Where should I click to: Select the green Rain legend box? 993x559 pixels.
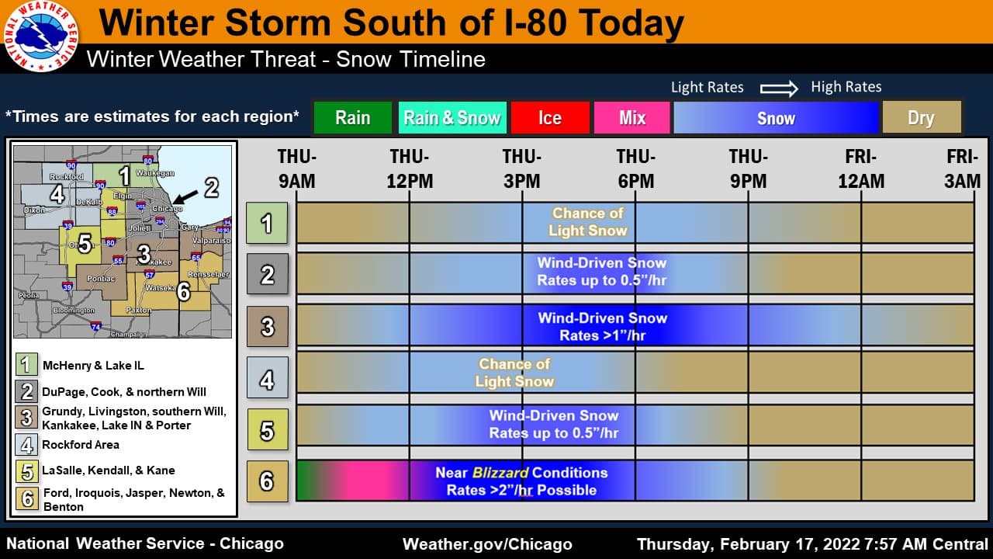pyautogui.click(x=352, y=118)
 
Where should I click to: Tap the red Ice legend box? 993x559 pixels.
pyautogui.click(x=549, y=118)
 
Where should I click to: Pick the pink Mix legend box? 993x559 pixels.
pyautogui.click(x=632, y=118)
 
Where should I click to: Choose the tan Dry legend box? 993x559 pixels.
pyautogui.click(x=921, y=118)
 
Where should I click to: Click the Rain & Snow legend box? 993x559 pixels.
pyautogui.click(x=452, y=118)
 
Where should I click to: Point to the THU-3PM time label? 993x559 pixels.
pyautogui.click(x=522, y=169)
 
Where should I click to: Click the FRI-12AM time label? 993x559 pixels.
pyautogui.click(x=861, y=169)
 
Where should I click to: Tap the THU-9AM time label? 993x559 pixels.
pyautogui.click(x=297, y=169)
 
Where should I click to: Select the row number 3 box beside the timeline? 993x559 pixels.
pyautogui.click(x=268, y=326)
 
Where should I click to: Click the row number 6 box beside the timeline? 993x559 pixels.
pyautogui.click(x=268, y=481)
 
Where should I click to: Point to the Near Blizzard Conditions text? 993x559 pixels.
pyautogui.click(x=521, y=472)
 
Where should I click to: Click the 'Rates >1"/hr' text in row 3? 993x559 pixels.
pyautogui.click(x=603, y=335)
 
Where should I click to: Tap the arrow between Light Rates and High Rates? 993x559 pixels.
pyautogui.click(x=778, y=88)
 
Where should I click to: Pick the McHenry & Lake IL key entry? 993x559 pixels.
pyautogui.click(x=93, y=365)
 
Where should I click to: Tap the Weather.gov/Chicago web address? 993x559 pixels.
pyautogui.click(x=487, y=544)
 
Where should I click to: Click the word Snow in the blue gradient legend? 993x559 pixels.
pyautogui.click(x=776, y=118)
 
